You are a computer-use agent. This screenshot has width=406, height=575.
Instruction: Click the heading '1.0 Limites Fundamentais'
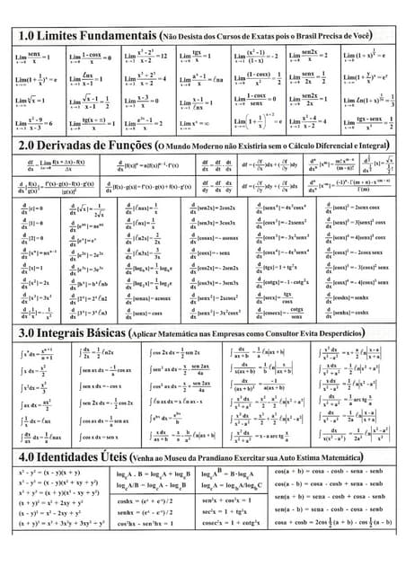coord(86,36)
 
